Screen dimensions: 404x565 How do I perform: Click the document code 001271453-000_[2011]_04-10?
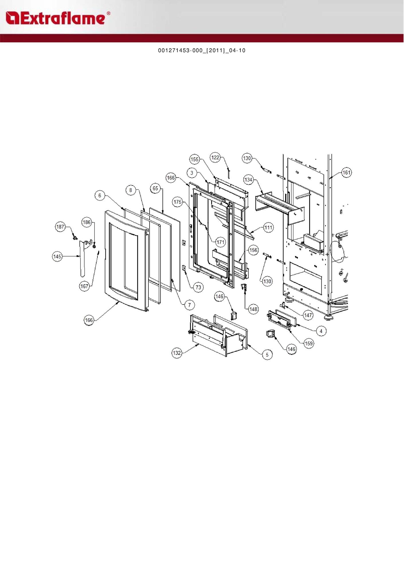[202, 51]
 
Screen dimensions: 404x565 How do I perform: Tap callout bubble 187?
[60, 227]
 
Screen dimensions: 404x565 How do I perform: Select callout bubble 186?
[87, 222]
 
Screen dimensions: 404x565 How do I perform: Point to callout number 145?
[57, 256]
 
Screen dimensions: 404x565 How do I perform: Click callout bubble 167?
[84, 286]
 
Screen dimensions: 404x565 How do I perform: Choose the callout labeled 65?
[155, 188]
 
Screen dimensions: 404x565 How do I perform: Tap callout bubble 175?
[178, 202]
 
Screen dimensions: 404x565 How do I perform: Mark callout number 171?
[220, 242]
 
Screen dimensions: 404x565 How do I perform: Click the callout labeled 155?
[195, 159]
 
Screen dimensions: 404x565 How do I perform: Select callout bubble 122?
[215, 157]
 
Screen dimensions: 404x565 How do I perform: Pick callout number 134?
[248, 180]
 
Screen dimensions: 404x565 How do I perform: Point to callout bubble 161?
[347, 173]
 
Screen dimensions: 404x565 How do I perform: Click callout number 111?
[268, 228]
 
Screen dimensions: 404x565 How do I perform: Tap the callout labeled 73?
[198, 287]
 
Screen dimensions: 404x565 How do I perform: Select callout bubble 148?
[253, 309]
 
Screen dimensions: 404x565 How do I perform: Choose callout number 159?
[309, 343]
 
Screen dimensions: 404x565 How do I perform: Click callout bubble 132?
[177, 353]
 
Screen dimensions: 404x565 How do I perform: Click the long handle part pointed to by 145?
[83, 259]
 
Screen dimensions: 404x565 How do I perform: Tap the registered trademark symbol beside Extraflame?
[108, 13]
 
